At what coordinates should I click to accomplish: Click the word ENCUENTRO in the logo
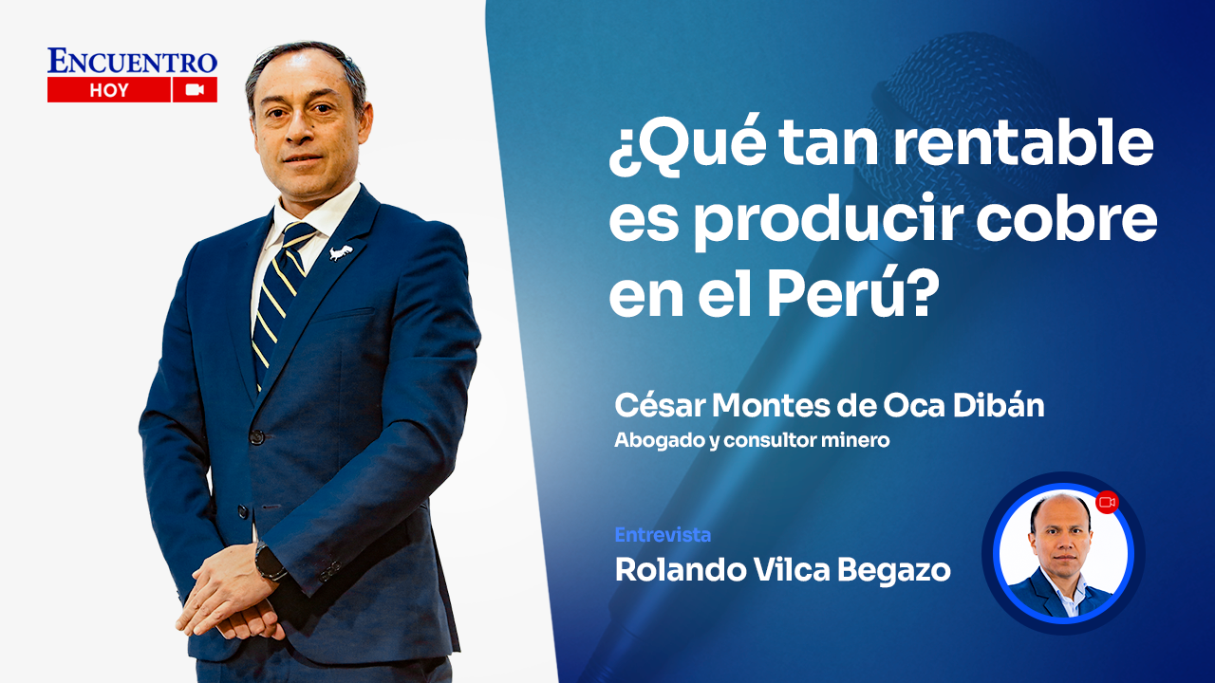(132, 62)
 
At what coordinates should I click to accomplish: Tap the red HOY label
(109, 90)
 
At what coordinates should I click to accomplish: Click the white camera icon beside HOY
(196, 90)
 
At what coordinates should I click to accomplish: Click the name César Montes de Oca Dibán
(829, 406)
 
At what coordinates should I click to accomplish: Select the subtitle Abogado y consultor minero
(752, 441)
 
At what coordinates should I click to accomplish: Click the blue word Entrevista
(663, 535)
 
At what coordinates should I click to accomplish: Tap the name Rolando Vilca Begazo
(782, 570)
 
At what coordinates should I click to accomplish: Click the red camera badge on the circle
(1107, 502)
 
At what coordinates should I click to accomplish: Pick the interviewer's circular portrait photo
(1063, 554)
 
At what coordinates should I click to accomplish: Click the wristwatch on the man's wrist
(270, 563)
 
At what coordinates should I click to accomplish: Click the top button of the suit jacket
(256, 437)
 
